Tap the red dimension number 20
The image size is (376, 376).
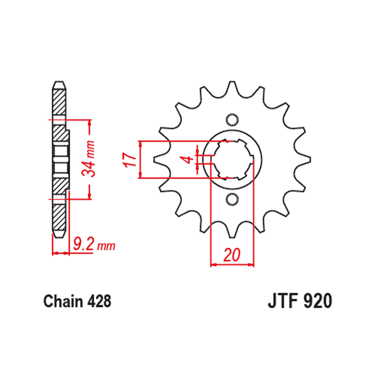tap(232, 255)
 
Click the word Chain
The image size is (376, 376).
tap(63, 302)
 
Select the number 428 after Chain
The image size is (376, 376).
tap(99, 302)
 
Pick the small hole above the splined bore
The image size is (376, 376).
tap(232, 120)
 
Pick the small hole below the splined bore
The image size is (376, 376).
tap(232, 198)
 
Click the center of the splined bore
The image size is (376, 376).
tap(232, 159)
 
